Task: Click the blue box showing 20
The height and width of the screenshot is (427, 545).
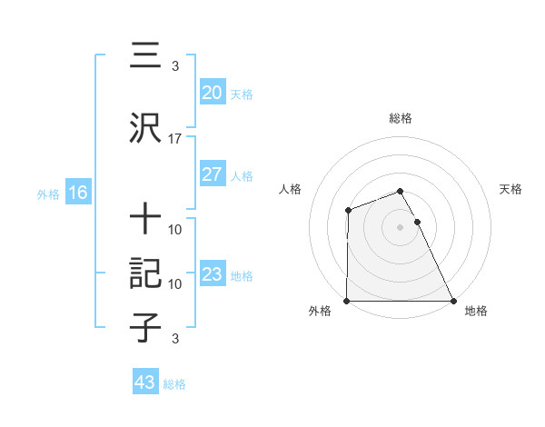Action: tap(212, 93)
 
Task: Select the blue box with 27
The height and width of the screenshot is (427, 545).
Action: tap(212, 174)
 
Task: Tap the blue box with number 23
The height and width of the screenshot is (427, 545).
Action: tap(212, 274)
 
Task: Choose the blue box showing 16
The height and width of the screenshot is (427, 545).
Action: tap(77, 193)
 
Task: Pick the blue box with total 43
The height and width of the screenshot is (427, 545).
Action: tap(144, 382)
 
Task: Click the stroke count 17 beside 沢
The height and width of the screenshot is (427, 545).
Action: tap(175, 139)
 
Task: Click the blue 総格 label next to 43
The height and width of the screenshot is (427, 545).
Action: tap(174, 384)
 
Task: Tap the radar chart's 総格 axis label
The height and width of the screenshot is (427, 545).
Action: tap(401, 118)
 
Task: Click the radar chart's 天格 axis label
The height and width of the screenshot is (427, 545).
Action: tap(511, 189)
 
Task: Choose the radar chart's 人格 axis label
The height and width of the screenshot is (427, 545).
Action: tap(291, 189)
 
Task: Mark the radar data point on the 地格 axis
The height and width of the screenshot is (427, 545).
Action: tap(452, 301)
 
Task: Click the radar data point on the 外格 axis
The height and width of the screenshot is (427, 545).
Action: tap(348, 301)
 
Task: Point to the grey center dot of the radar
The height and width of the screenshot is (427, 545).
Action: tap(401, 227)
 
